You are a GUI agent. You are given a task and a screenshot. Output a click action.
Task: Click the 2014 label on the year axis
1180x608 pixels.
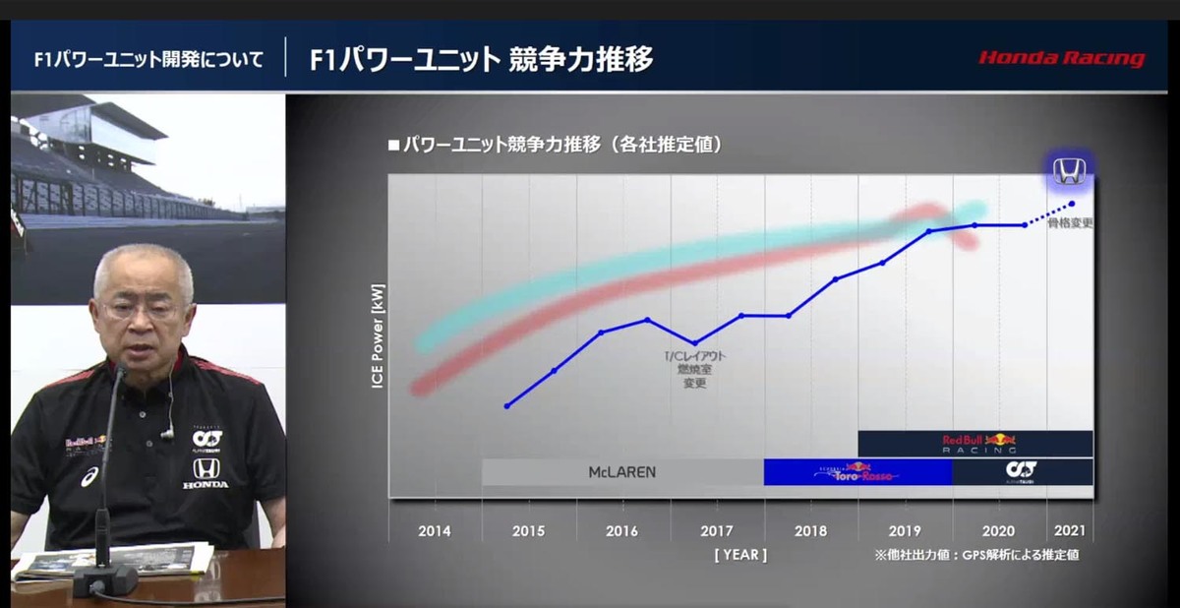point(435,531)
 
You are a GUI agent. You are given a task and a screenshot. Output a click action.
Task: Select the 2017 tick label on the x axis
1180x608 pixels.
point(717,531)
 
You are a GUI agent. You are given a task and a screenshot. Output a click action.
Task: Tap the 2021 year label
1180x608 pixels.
point(1070,531)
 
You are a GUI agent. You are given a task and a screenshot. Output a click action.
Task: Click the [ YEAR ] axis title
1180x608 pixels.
point(740,555)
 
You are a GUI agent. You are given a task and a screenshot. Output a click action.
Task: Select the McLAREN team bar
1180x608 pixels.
point(622,472)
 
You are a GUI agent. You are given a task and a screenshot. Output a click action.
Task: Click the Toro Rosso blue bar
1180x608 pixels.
point(857,472)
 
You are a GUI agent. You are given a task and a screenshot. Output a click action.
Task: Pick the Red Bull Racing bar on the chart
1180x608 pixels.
point(975,444)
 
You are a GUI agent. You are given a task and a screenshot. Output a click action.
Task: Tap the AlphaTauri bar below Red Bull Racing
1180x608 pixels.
point(1023,472)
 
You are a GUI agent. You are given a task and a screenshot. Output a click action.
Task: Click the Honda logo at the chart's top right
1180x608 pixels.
point(1068,172)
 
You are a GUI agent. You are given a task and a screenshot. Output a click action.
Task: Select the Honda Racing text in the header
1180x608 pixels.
point(1061,59)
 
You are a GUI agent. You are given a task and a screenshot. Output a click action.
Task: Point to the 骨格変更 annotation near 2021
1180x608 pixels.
point(1070,223)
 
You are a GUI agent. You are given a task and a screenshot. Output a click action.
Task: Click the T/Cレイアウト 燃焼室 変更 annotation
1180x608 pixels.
point(695,369)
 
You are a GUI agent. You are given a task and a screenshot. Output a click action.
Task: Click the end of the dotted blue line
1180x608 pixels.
point(1072,204)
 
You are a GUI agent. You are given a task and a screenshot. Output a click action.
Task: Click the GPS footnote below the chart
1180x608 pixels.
point(975,555)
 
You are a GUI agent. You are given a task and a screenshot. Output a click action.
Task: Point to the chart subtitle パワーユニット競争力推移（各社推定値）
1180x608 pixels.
point(556,145)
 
